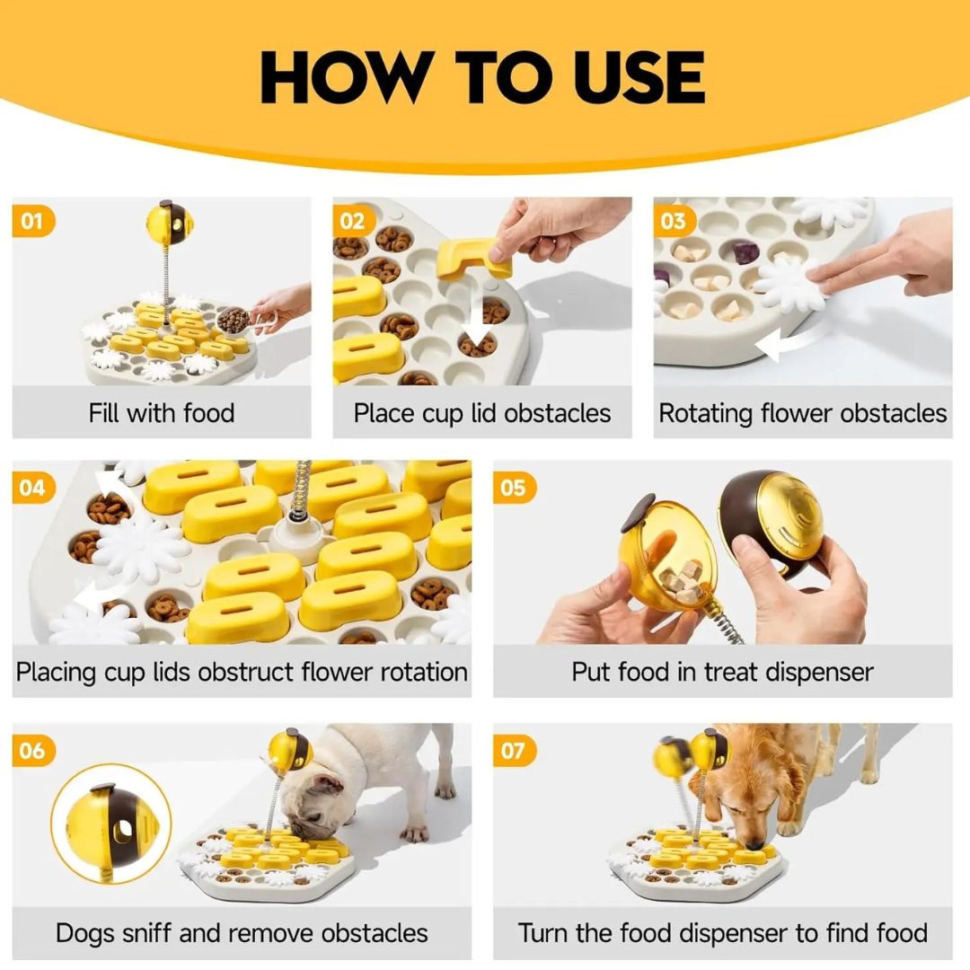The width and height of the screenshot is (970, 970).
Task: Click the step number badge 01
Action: pos(32,221)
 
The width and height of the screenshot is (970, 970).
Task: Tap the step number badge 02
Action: pos(353,221)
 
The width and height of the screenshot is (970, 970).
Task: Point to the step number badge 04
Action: pos(32,488)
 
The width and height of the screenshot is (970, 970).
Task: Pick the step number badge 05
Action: pos(514,488)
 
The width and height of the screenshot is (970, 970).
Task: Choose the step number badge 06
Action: pos(32,750)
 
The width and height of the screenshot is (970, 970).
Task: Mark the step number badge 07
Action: pos(514,750)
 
